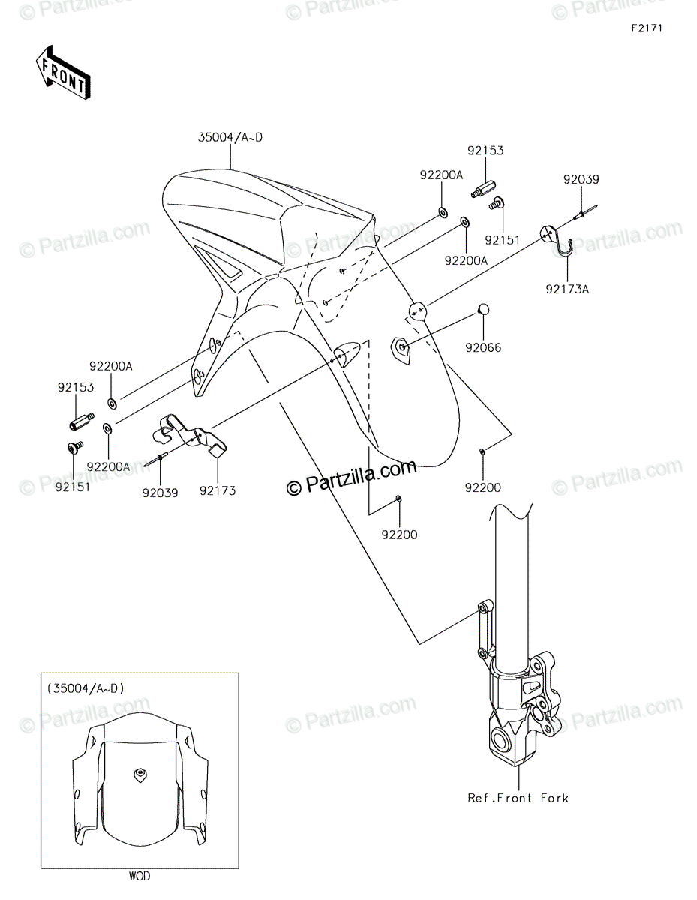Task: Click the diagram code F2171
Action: click(647, 28)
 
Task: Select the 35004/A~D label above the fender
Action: click(230, 137)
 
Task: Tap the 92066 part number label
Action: click(483, 347)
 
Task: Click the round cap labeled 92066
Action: click(483, 309)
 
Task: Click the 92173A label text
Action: click(567, 289)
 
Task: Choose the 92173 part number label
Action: click(218, 490)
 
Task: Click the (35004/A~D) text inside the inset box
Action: click(86, 688)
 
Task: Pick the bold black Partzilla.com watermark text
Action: click(351, 477)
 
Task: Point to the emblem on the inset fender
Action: click(140, 773)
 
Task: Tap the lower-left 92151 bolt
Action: click(75, 447)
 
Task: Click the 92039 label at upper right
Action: click(581, 180)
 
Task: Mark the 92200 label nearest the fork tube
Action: click(483, 487)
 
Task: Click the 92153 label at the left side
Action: click(75, 387)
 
